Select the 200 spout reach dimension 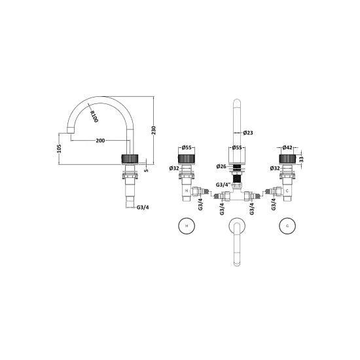[101, 141]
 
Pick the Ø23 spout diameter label [247, 134]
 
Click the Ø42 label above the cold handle [287, 149]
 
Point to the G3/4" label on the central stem [223, 184]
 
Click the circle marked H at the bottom [187, 227]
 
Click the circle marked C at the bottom [286, 227]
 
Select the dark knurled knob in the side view [132, 158]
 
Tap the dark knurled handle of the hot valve [187, 159]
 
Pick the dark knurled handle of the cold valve [286, 159]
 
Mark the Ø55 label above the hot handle [186, 149]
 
